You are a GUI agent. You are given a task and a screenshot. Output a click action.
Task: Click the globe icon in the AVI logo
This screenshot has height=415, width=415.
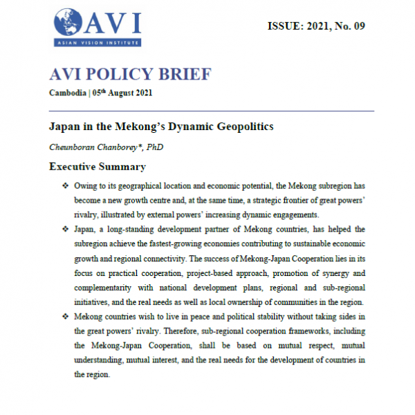[x=68, y=24]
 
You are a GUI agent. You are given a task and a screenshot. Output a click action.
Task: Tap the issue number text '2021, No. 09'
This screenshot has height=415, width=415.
[x=335, y=26]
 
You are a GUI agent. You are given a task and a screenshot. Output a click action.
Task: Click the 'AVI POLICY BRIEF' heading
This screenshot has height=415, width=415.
[x=130, y=74]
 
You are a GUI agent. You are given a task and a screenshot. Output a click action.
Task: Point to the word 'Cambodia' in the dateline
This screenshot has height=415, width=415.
[x=68, y=93]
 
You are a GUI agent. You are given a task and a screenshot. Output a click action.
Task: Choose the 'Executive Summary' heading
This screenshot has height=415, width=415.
[x=97, y=167]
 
